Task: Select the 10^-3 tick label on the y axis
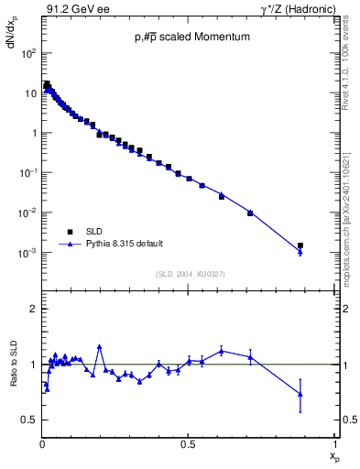[x=27, y=253]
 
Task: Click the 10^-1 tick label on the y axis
[x=27, y=173]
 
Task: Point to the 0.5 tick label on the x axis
[x=188, y=445]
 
